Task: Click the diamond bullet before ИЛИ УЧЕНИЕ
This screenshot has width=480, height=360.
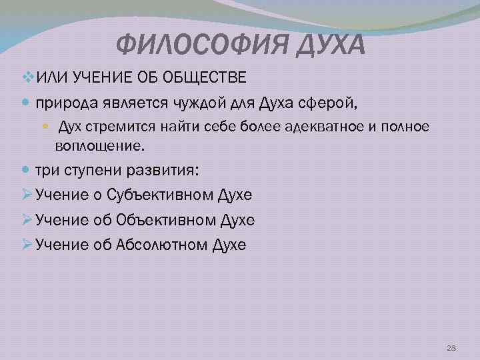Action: [x=27, y=79]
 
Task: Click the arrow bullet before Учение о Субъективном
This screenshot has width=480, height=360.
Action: [x=27, y=195]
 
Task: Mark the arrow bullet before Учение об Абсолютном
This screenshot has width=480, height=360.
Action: [x=27, y=244]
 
